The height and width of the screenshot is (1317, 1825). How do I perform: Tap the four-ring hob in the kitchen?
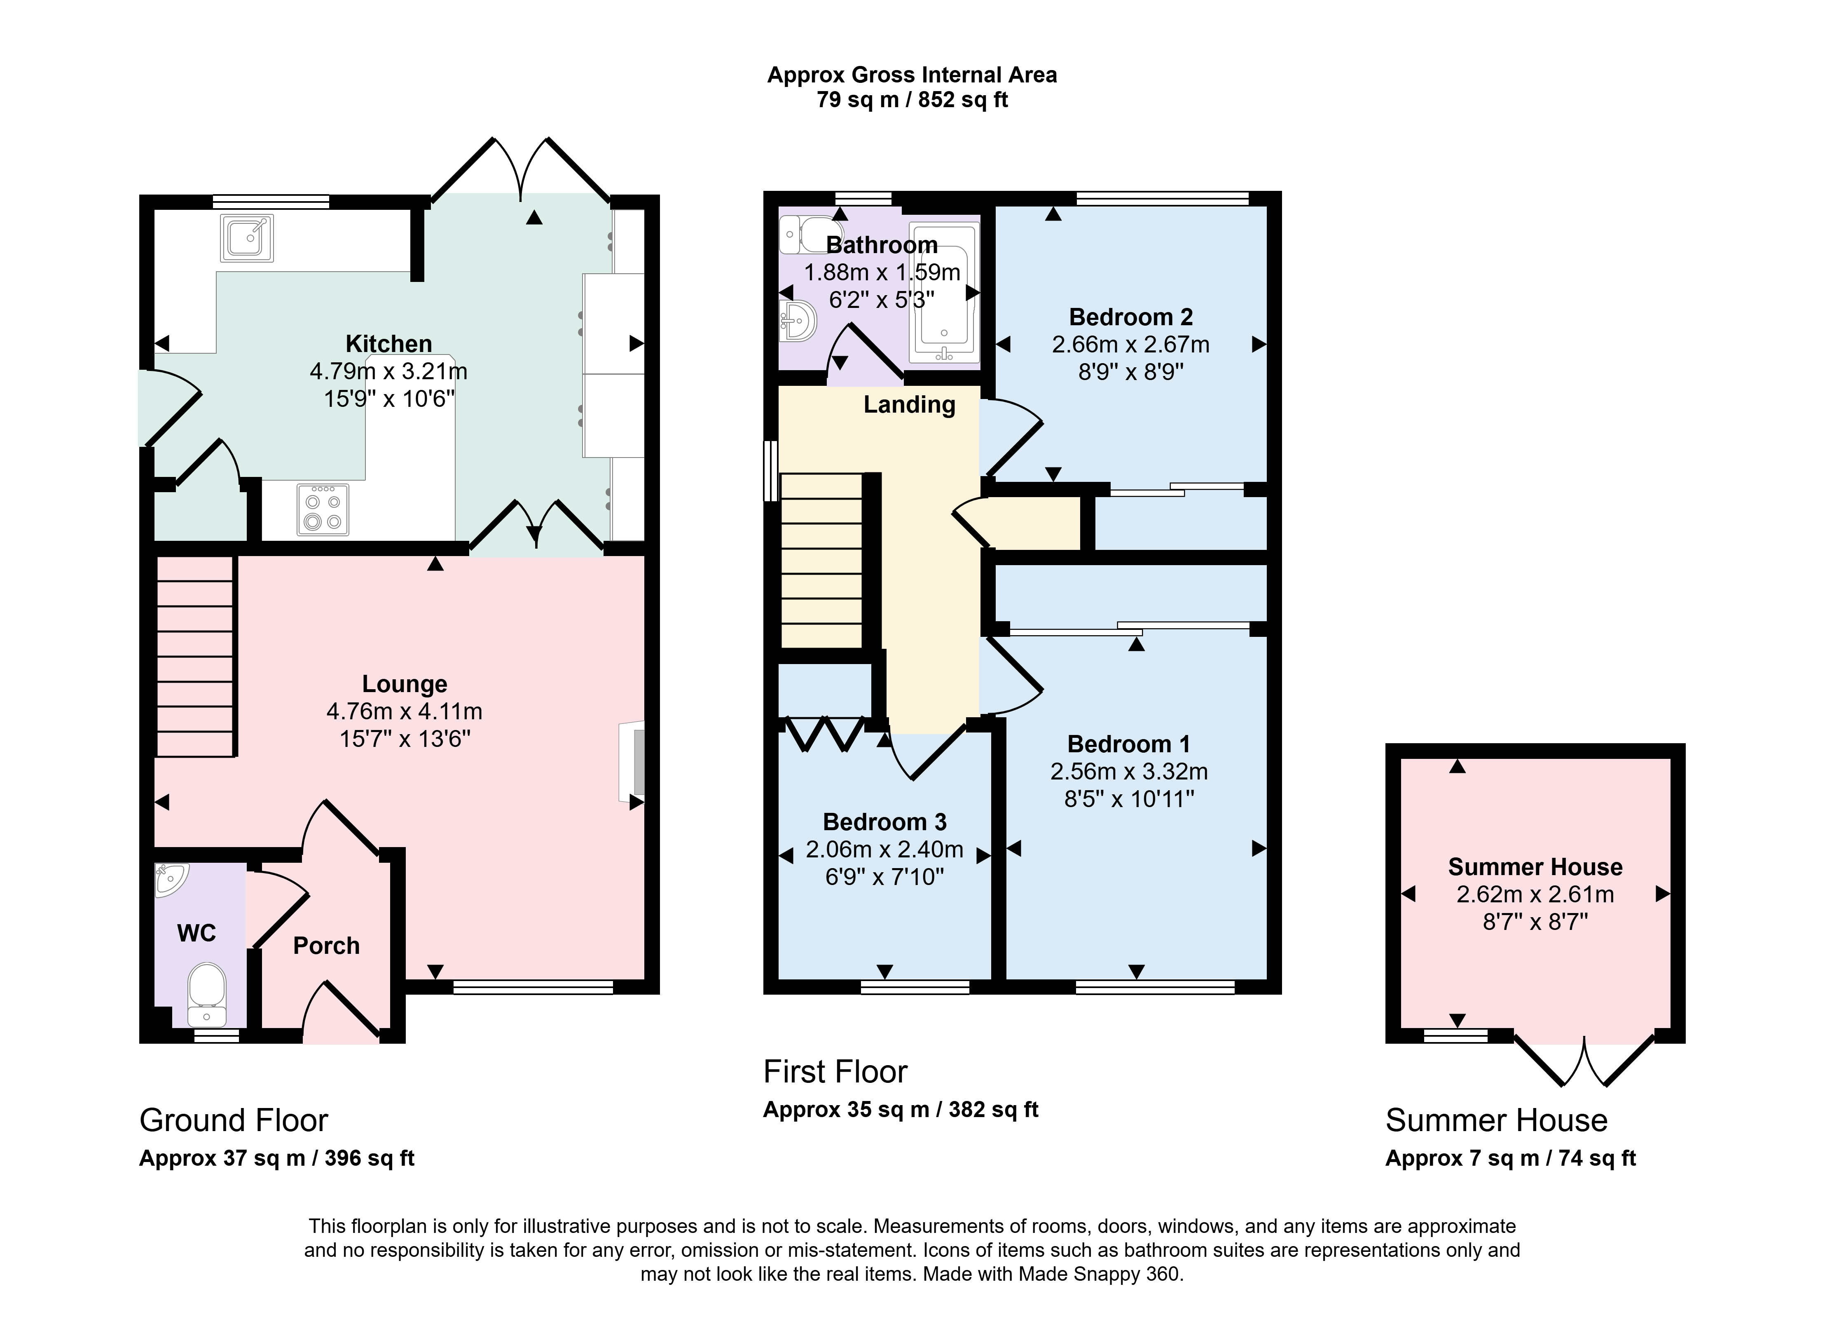pyautogui.click(x=323, y=509)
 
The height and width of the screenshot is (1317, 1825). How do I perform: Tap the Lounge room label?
pyautogui.click(x=404, y=683)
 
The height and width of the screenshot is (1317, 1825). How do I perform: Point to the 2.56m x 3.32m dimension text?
pyautogui.click(x=1129, y=771)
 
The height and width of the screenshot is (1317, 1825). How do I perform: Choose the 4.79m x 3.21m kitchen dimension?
pyautogui.click(x=388, y=371)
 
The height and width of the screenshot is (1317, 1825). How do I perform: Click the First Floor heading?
pyautogui.click(x=835, y=1071)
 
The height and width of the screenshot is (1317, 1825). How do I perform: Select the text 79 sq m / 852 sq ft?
pyautogui.click(x=912, y=100)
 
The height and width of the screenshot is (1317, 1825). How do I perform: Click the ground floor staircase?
pyautogui.click(x=195, y=656)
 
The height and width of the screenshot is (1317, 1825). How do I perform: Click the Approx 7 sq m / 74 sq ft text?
pyautogui.click(x=1510, y=1157)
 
